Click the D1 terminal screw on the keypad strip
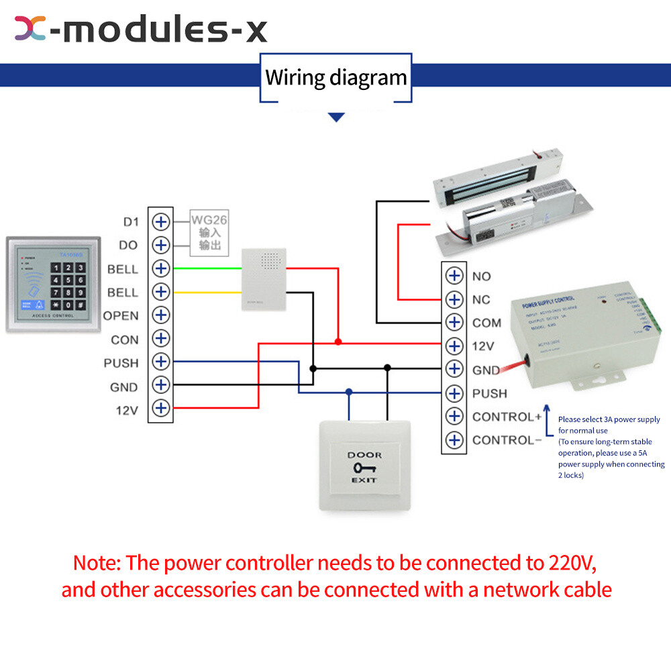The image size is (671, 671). [160, 221]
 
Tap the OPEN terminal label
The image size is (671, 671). [121, 316]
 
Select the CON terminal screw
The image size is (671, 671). [160, 338]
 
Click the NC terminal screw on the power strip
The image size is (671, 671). [455, 299]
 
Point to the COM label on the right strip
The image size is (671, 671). [486, 323]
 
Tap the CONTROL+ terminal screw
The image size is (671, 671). [455, 416]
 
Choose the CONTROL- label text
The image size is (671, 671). [507, 440]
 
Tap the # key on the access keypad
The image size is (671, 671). [80, 305]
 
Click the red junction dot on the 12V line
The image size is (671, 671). [338, 342]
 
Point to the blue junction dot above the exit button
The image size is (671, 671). [348, 391]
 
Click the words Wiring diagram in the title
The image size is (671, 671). [336, 77]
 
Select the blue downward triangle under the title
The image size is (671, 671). [336, 117]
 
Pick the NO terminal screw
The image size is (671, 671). [455, 276]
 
